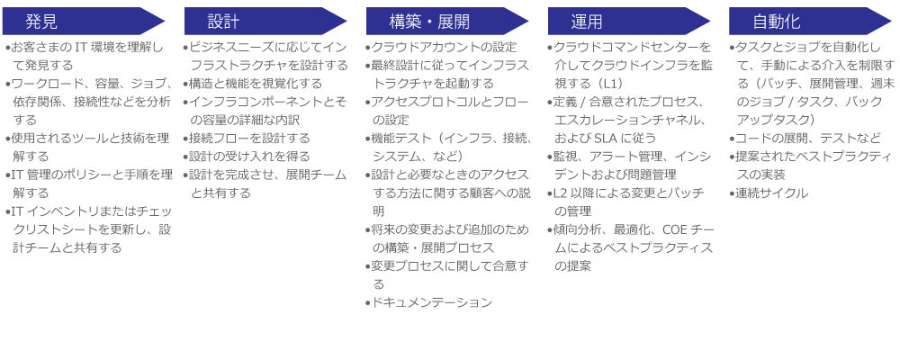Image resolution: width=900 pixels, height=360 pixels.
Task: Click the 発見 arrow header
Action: [83, 22]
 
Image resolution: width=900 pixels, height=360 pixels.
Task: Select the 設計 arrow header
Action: [265, 22]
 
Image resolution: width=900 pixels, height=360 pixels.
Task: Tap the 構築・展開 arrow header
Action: [447, 22]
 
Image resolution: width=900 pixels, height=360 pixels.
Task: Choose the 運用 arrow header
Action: [628, 22]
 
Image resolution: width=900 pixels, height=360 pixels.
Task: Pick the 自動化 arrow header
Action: [810, 22]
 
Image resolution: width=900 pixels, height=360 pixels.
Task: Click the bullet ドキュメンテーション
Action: [429, 302]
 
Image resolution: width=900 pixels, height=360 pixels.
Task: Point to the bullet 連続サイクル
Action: [769, 193]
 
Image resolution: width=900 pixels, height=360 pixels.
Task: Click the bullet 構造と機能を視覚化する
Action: [253, 84]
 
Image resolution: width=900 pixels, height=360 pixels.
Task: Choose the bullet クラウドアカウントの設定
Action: [441, 47]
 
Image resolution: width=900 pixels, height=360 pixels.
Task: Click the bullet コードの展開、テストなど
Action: [805, 139]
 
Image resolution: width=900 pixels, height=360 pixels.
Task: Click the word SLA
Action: [605, 139]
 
